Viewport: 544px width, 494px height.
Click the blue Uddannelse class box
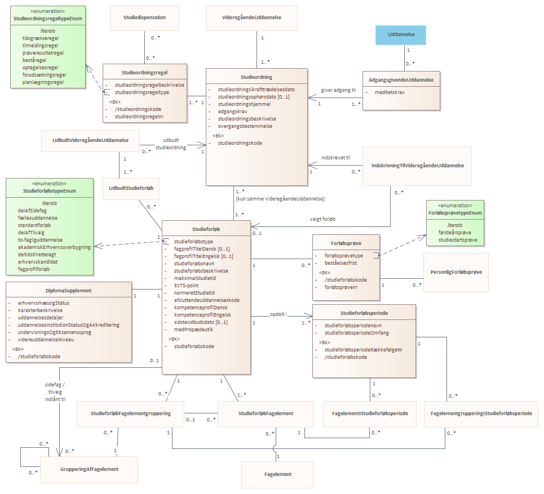coord(401,35)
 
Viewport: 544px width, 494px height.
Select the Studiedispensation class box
coord(145,18)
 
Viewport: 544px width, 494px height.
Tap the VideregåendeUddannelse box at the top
coord(251,18)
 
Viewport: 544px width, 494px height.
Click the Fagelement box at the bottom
coord(277,475)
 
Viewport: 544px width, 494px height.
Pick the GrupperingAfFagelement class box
coord(89,469)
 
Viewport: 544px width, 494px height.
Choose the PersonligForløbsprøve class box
coord(456,273)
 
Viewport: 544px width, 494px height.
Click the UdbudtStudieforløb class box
coord(131,189)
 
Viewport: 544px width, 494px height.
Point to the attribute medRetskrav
coord(390,92)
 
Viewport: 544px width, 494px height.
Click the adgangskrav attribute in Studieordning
coord(232,112)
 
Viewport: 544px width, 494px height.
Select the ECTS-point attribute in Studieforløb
coord(186,286)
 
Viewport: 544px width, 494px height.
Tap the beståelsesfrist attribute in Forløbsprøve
coord(340,263)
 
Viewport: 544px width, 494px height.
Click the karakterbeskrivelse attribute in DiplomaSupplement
coord(40,310)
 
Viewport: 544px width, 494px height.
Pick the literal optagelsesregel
coord(40,68)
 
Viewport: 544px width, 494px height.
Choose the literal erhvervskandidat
coord(38,262)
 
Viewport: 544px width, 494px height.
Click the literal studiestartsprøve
coord(458,240)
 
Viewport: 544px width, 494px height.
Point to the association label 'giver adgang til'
coord(338,90)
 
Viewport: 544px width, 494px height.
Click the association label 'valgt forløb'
coord(322,219)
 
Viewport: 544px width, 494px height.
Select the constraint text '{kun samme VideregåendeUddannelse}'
coord(280,199)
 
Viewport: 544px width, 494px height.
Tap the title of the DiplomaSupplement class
coord(69,291)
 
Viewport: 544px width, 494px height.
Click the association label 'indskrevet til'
coord(335,158)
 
